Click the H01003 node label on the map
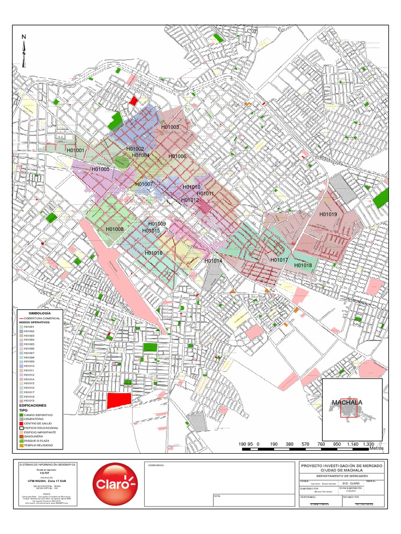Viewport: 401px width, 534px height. tap(170, 127)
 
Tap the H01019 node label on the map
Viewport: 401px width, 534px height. tap(328, 214)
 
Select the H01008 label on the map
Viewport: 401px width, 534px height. tap(114, 229)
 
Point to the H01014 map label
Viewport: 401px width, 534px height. tap(214, 261)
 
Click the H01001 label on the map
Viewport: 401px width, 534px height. tap(75, 151)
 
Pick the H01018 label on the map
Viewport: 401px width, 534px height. tap(303, 265)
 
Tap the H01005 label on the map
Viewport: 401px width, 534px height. tap(100, 169)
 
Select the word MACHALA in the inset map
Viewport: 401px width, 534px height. tap(347, 403)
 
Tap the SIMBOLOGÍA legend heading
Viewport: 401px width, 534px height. tap(40, 312)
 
